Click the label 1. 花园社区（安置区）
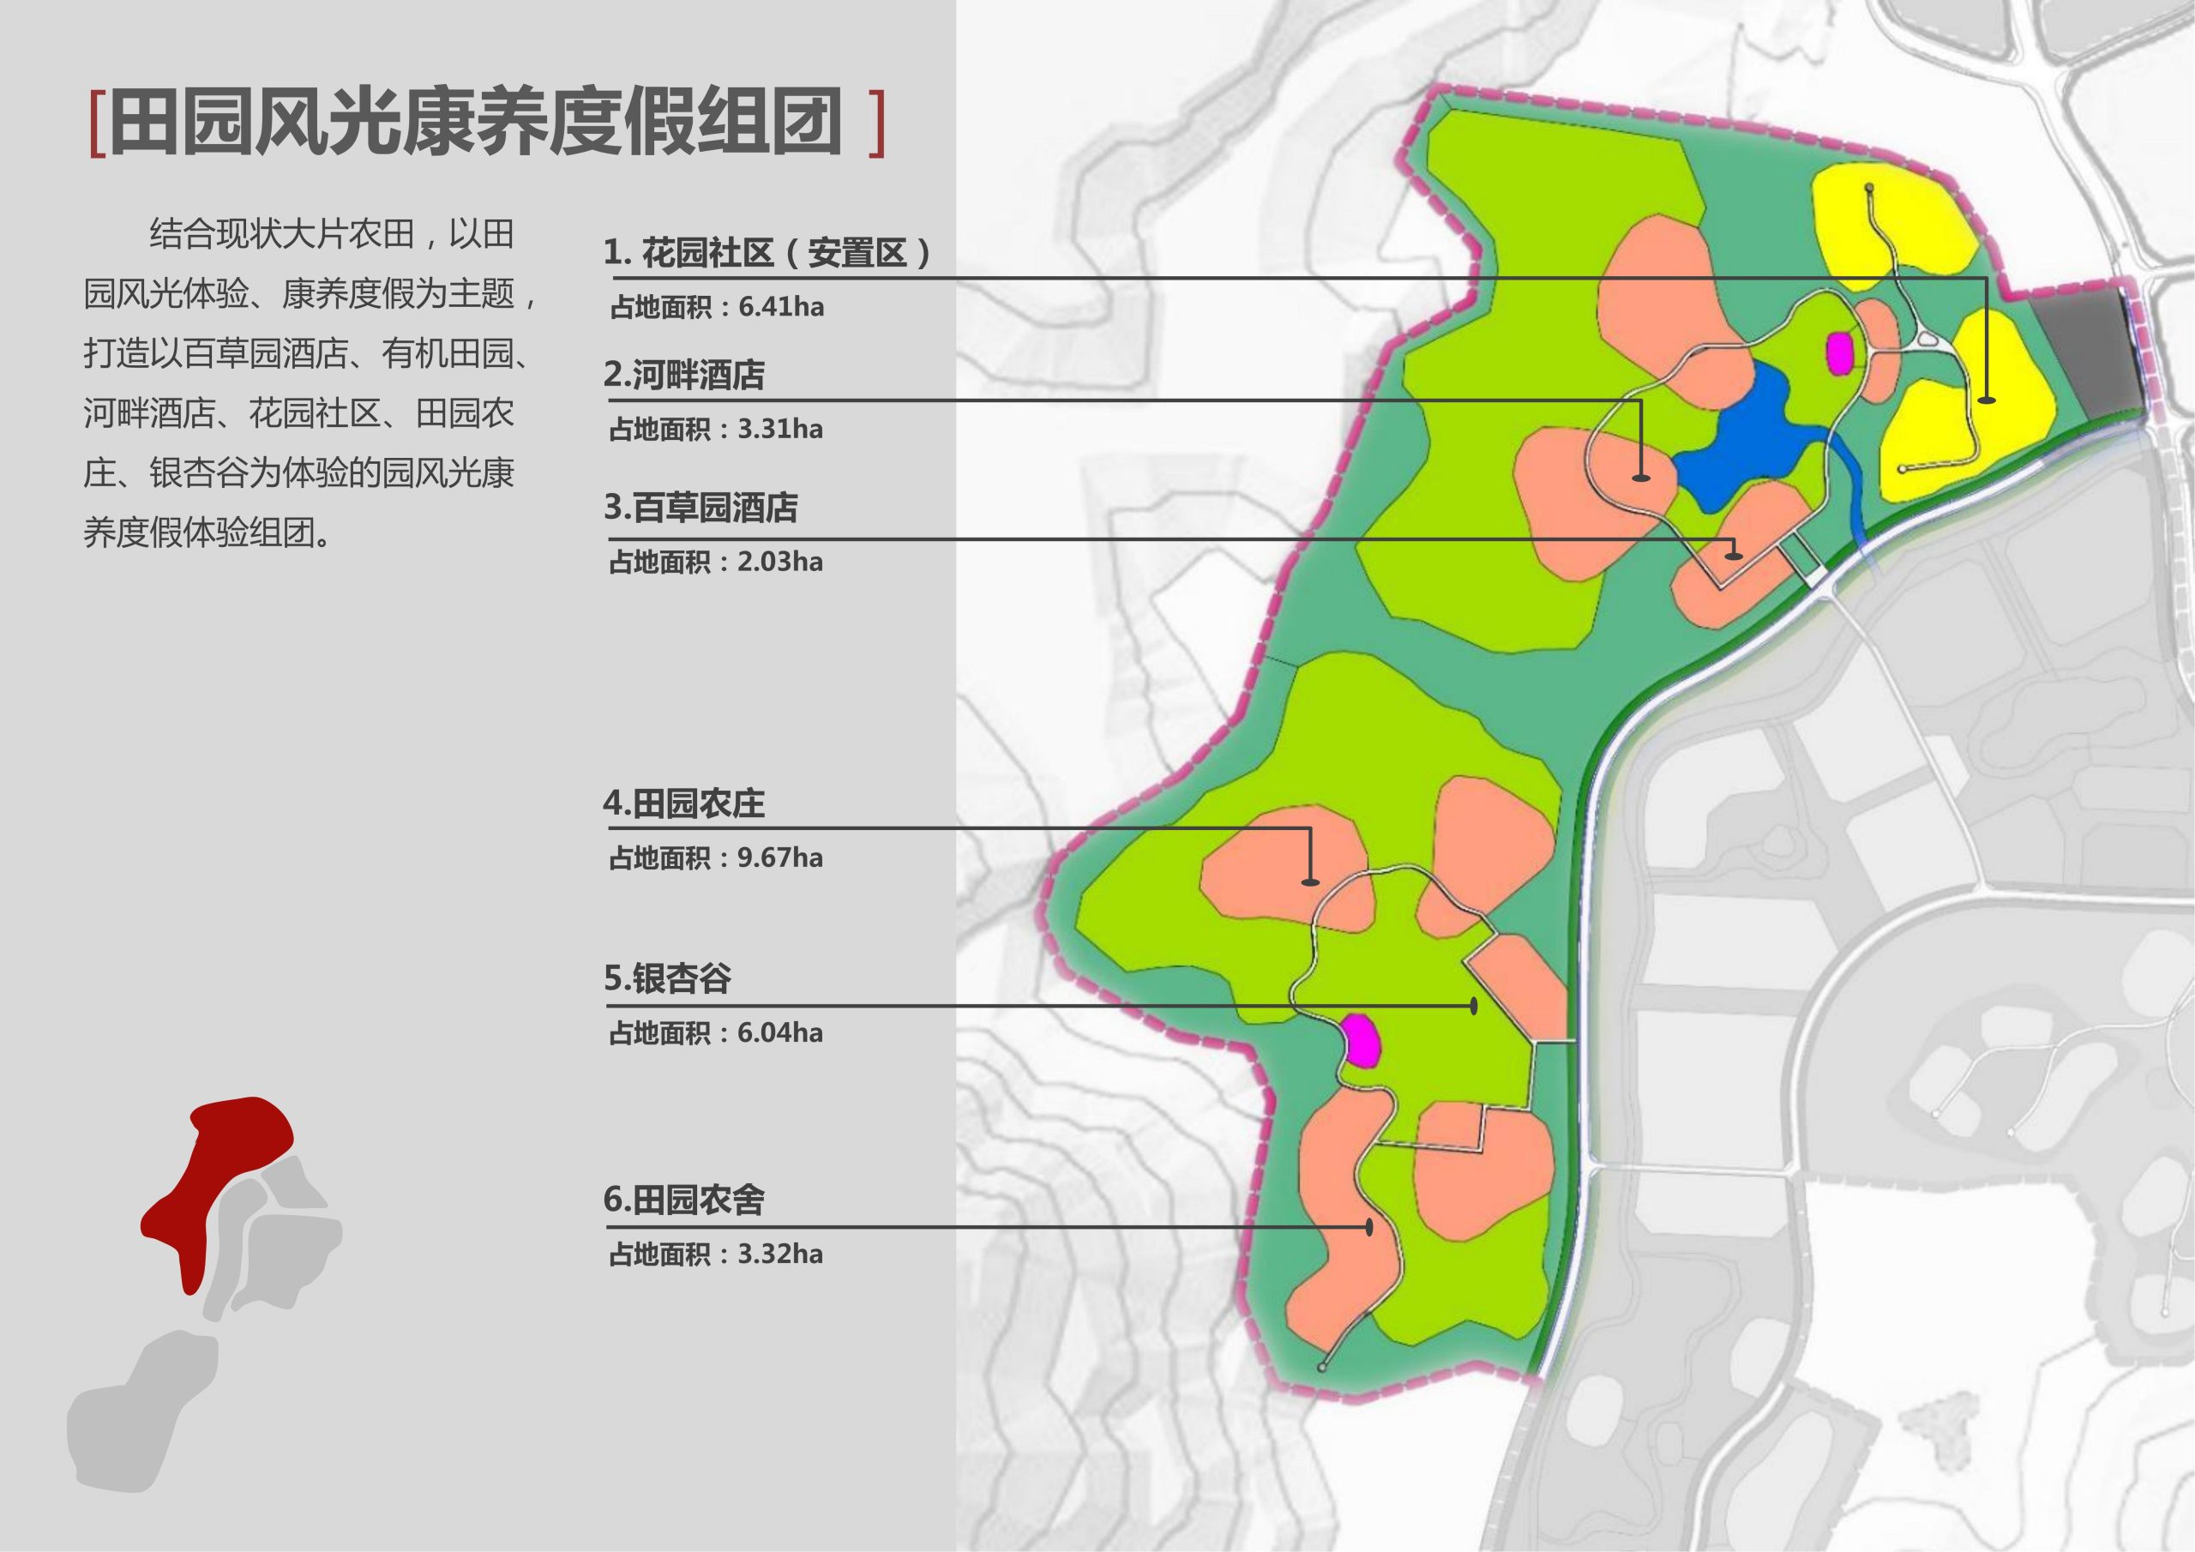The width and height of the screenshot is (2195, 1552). pyautogui.click(x=767, y=254)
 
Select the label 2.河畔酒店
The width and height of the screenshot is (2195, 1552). pyautogui.click(x=684, y=375)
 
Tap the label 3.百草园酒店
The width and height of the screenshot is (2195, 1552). pyautogui.click(x=701, y=508)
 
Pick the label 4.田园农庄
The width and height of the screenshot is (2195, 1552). pyautogui.click(x=684, y=803)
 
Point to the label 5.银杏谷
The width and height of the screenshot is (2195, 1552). pyautogui.click(x=667, y=978)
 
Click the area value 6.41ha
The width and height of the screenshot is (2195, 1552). pyautogui.click(x=780, y=308)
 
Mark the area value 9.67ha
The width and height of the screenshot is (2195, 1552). pyautogui.click(x=779, y=857)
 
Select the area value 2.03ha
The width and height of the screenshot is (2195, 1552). pyautogui.click(x=779, y=562)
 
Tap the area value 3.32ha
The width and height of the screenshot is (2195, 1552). pyautogui.click(x=779, y=1254)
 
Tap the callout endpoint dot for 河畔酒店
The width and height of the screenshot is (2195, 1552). pyautogui.click(x=1641, y=476)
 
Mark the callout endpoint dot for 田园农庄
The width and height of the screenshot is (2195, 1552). pyautogui.click(x=1311, y=881)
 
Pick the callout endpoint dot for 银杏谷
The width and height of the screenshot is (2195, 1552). pyautogui.click(x=1473, y=1006)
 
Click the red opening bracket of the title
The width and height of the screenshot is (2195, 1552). pyautogui.click(x=95, y=123)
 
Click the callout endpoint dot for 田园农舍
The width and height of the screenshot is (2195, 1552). pyautogui.click(x=1370, y=1227)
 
